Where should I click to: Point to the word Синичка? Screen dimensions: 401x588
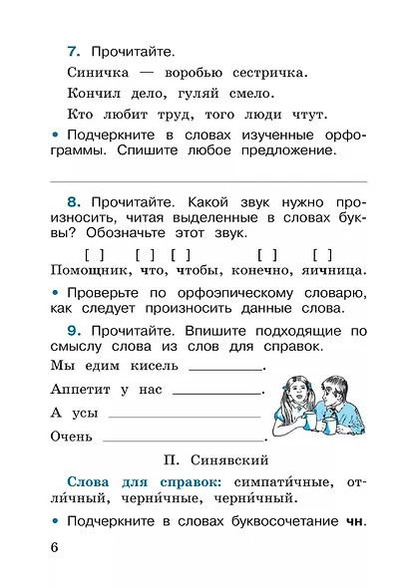click(101, 73)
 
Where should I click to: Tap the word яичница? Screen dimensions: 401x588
click(326, 270)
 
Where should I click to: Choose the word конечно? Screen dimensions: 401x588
click(263, 270)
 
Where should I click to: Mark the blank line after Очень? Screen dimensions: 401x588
click(185, 438)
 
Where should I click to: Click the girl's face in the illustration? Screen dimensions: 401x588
click(298, 389)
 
